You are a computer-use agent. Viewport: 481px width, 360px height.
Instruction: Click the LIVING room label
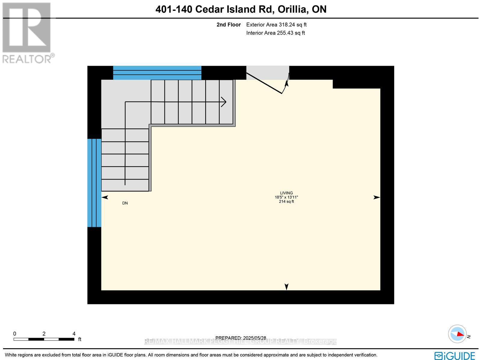pyautogui.click(x=286, y=193)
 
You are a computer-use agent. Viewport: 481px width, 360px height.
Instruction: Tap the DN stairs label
pyautogui.click(x=125, y=203)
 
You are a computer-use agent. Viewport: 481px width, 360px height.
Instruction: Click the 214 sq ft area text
pyautogui.click(x=286, y=202)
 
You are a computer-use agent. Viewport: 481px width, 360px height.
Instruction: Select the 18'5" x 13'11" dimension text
pyautogui.click(x=286, y=197)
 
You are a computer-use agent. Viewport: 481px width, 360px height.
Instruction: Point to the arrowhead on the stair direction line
pyautogui.click(x=224, y=102)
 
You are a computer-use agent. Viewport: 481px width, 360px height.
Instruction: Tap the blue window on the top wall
pyautogui.click(x=157, y=73)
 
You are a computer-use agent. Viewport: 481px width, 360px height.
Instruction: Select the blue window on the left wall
pyautogui.click(x=94, y=183)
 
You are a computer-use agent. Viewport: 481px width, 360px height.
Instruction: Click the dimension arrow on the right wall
pyautogui.click(x=377, y=197)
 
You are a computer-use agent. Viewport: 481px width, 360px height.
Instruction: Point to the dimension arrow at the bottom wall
pyautogui.click(x=286, y=287)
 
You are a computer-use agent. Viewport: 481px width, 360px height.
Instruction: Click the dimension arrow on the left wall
pyautogui.click(x=105, y=197)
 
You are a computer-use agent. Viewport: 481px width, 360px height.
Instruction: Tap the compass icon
pyautogui.click(x=457, y=334)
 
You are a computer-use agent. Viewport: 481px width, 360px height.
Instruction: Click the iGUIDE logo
pyautogui.click(x=455, y=356)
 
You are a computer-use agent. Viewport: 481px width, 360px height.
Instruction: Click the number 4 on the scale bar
pyautogui.click(x=74, y=334)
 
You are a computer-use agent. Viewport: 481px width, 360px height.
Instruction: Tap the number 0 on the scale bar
pyautogui.click(x=14, y=334)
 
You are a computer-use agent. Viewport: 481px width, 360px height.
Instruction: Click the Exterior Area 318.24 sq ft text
pyautogui.click(x=276, y=25)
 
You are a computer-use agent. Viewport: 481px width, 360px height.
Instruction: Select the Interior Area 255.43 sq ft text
pyautogui.click(x=275, y=33)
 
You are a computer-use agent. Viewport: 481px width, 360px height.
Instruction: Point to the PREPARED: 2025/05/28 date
pyautogui.click(x=241, y=338)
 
